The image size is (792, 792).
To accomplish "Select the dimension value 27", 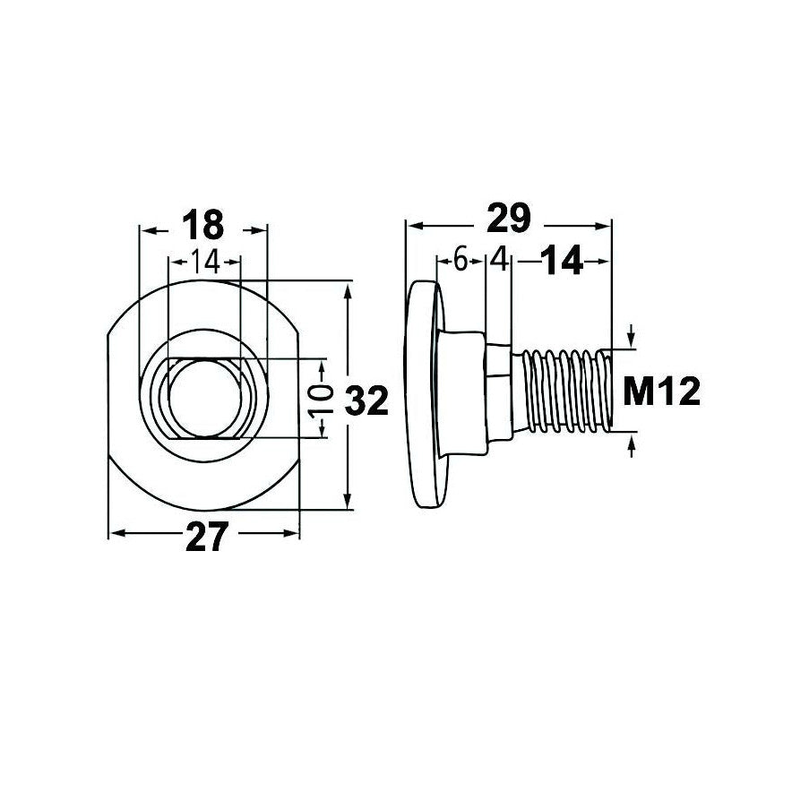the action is click(x=207, y=537).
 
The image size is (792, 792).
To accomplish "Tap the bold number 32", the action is click(x=366, y=400).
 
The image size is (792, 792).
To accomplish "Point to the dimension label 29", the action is click(x=508, y=219).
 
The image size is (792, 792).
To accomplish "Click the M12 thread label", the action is click(x=662, y=392).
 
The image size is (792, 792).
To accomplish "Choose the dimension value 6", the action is click(x=461, y=261).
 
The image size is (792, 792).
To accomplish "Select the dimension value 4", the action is click(x=499, y=261).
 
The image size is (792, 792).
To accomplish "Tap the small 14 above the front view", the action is click(x=204, y=263).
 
